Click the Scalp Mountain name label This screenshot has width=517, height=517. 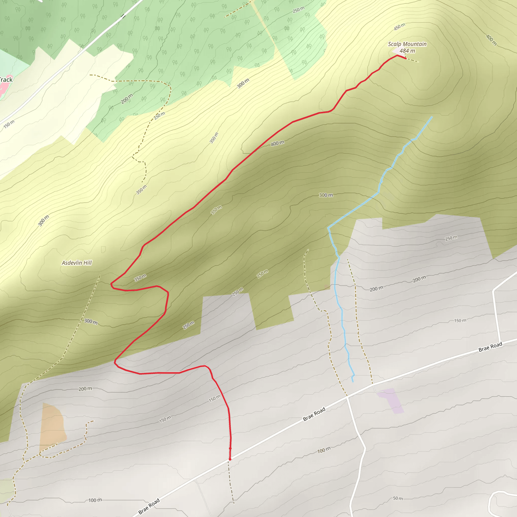(x=407, y=44)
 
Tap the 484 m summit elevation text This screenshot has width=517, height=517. (x=407, y=51)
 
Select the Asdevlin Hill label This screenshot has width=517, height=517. (x=77, y=263)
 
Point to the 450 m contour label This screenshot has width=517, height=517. (x=399, y=27)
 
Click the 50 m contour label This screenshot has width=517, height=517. (x=398, y=498)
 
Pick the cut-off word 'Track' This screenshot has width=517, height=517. (x=6, y=80)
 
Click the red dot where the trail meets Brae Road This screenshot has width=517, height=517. (x=230, y=459)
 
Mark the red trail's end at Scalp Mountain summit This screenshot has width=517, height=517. (x=406, y=58)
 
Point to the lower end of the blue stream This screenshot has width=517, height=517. (x=353, y=381)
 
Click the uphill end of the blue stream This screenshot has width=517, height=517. (x=432, y=117)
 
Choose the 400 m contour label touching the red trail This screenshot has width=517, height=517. (x=277, y=143)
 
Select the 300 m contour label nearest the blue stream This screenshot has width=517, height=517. (x=326, y=195)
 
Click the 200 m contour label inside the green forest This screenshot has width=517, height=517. (x=126, y=99)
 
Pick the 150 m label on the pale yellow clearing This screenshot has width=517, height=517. (x=9, y=124)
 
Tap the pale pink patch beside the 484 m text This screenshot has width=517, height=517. (x=396, y=51)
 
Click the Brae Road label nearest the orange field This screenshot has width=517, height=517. (x=149, y=506)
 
